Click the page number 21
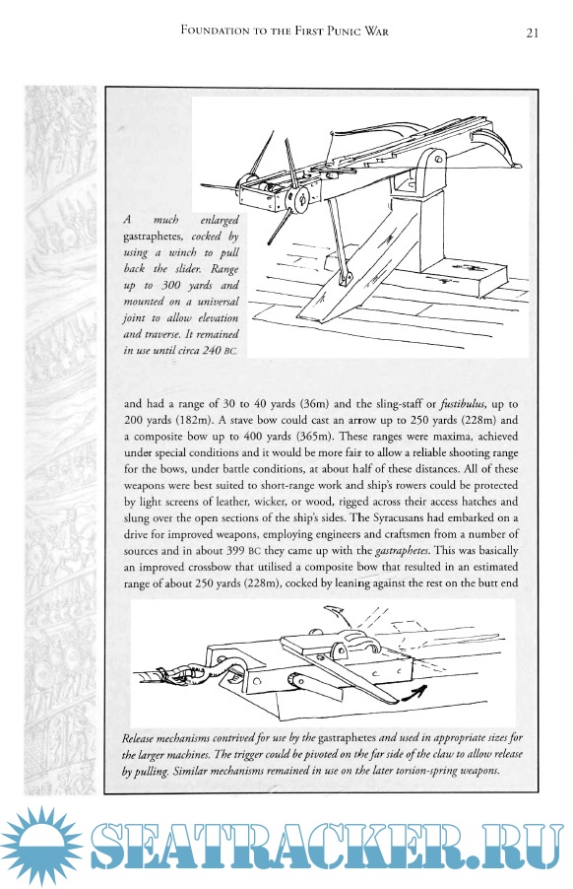532,33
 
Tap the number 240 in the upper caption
213,351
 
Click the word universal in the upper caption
218,302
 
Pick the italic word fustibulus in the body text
463,404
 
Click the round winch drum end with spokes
298,198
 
